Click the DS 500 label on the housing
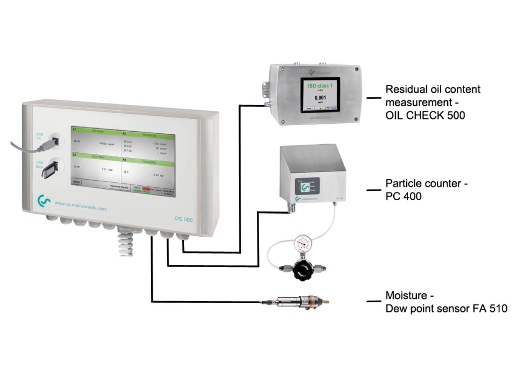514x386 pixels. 184,220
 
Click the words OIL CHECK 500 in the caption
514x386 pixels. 425,115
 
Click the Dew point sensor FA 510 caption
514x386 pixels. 446,308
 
